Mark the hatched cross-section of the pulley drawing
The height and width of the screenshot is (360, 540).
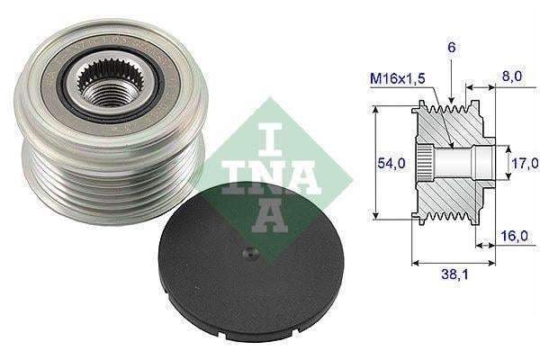pos(450,198)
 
